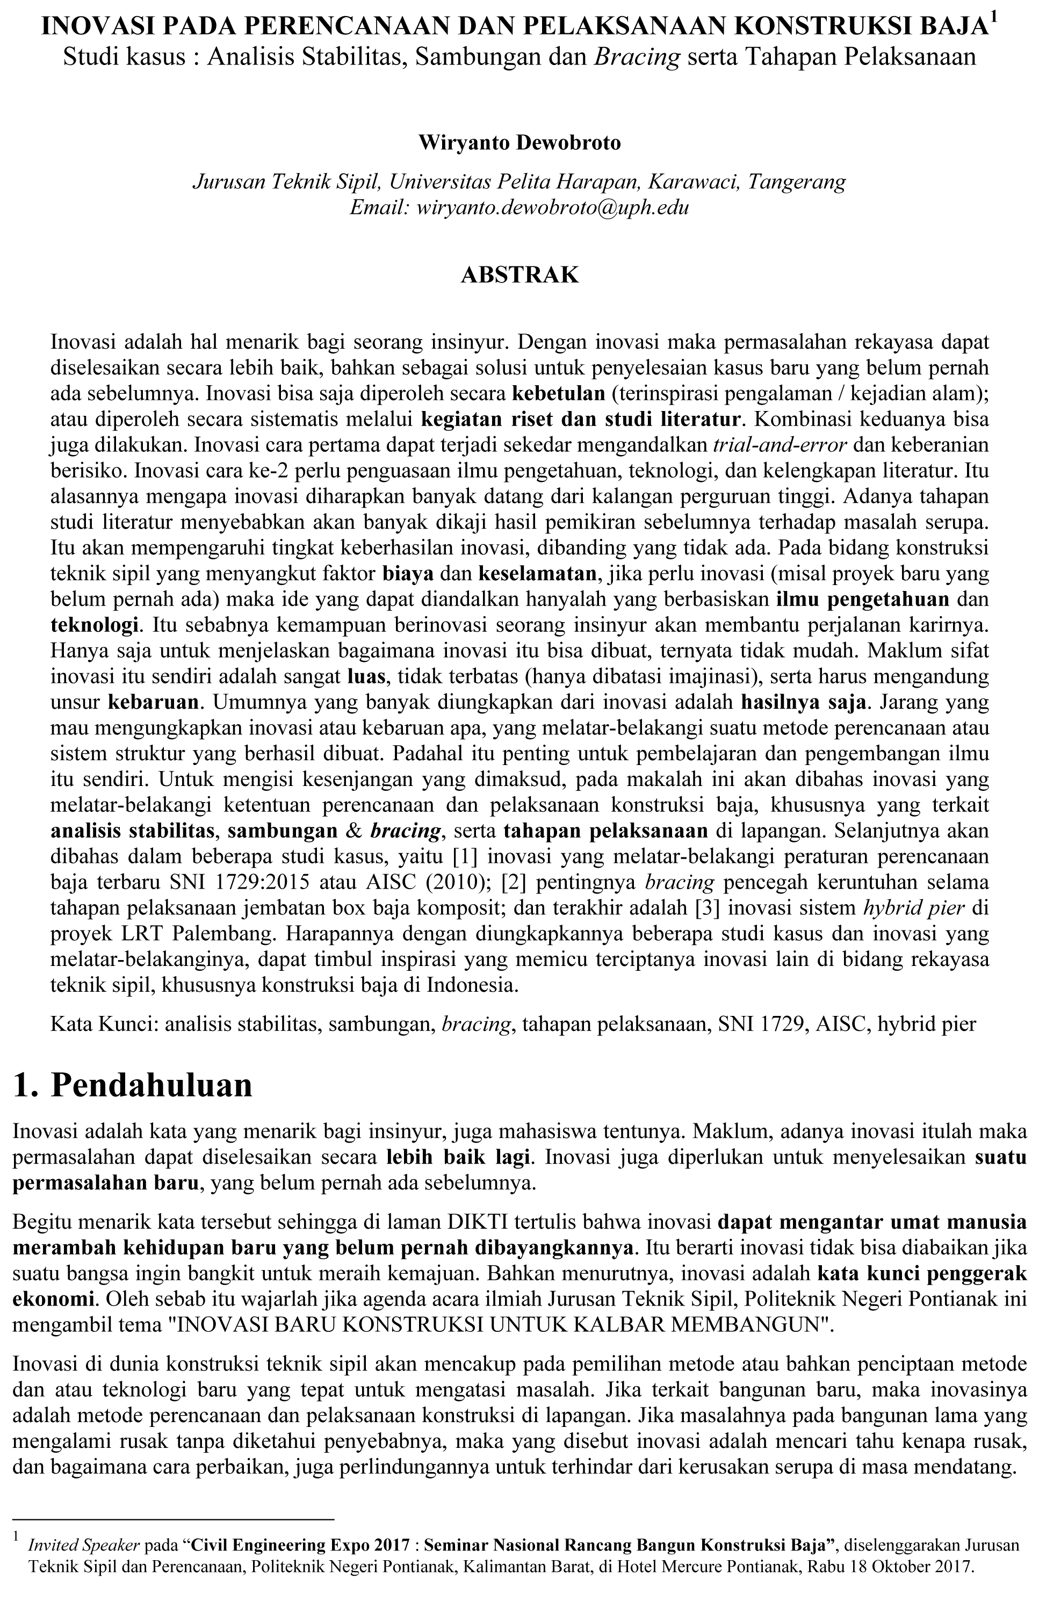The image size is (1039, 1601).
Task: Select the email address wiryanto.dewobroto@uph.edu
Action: coord(553,208)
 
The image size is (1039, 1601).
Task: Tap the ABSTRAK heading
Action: coord(519,275)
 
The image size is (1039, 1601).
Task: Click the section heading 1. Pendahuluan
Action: coord(133,1085)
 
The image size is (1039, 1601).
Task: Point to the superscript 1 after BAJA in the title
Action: coord(994,20)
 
